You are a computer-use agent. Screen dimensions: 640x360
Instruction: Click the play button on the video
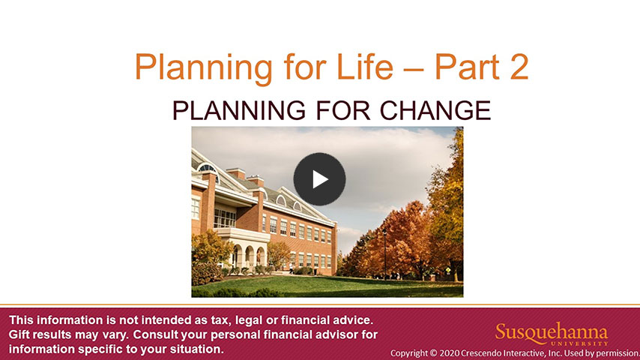pyautogui.click(x=319, y=179)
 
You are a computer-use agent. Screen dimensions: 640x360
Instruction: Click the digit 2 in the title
pyautogui.click(x=519, y=67)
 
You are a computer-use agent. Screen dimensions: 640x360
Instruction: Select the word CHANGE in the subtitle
pyautogui.click(x=435, y=110)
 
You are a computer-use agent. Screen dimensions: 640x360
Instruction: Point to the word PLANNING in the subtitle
pyautogui.click(x=239, y=110)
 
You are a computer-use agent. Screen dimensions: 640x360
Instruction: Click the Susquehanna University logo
pyautogui.click(x=552, y=334)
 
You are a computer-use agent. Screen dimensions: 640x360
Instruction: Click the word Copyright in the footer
pyautogui.click(x=408, y=353)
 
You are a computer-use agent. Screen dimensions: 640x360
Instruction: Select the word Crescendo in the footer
pyautogui.click(x=478, y=352)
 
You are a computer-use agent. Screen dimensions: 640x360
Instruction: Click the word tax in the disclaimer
pyautogui.click(x=221, y=320)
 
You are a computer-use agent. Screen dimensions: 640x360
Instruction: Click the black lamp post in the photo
pyautogui.click(x=384, y=253)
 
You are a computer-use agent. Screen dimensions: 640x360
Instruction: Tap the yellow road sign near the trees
pyautogui.click(x=448, y=271)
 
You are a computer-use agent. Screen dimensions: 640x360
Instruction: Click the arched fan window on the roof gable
pyautogui.click(x=208, y=169)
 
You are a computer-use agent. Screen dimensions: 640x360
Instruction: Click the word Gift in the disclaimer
pyautogui.click(x=19, y=334)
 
